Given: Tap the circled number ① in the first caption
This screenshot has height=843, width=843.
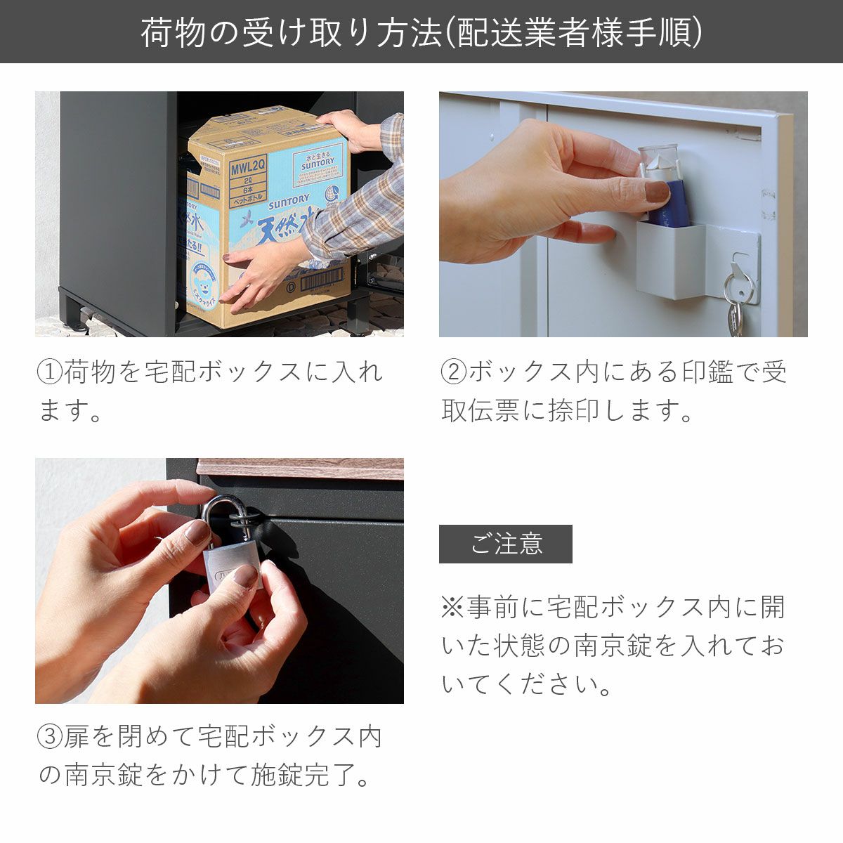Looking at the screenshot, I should (x=49, y=372).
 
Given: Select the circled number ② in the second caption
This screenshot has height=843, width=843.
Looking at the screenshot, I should (x=453, y=372).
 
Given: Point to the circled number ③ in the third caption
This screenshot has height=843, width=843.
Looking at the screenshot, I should (x=49, y=737).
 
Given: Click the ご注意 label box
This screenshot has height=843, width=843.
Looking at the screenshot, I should (x=505, y=544).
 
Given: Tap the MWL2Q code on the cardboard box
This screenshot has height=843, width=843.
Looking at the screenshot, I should (x=247, y=168).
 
